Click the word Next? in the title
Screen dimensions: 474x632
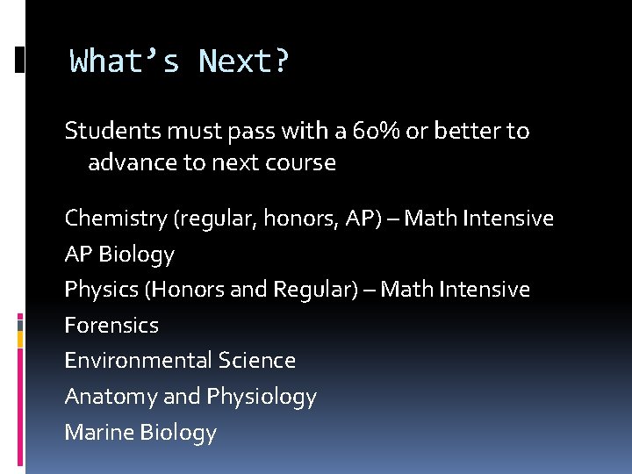[244, 62]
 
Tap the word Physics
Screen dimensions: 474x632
[97, 290]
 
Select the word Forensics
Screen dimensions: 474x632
[111, 326]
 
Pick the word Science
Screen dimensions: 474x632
[257, 361]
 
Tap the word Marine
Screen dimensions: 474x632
[98, 432]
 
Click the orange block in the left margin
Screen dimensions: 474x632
[20, 322]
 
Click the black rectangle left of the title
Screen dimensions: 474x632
[20, 60]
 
